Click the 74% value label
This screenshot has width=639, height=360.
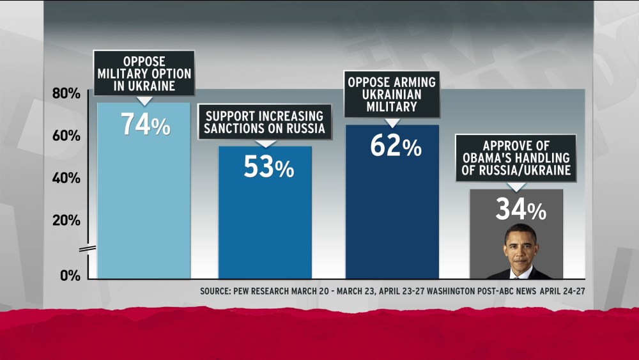point(146,124)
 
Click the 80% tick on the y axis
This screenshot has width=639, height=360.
point(66,93)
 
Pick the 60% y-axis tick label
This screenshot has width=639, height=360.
point(66,136)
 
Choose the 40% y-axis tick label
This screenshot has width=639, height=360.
point(66,178)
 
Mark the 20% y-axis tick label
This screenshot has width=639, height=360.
point(66,220)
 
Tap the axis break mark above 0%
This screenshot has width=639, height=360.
point(89,248)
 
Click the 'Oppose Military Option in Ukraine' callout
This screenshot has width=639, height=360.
point(144,74)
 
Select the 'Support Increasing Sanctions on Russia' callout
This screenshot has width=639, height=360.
point(265,122)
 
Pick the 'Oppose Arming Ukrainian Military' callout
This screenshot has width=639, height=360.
point(392,94)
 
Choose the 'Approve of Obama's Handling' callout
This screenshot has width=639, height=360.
point(516,158)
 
